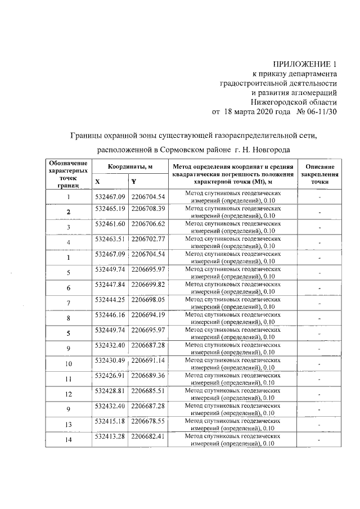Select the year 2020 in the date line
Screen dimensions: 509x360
coord(260,111)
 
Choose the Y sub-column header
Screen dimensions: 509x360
coord(133,182)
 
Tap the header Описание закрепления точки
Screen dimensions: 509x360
coord(319,174)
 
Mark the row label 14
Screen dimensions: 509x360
coord(69,440)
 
